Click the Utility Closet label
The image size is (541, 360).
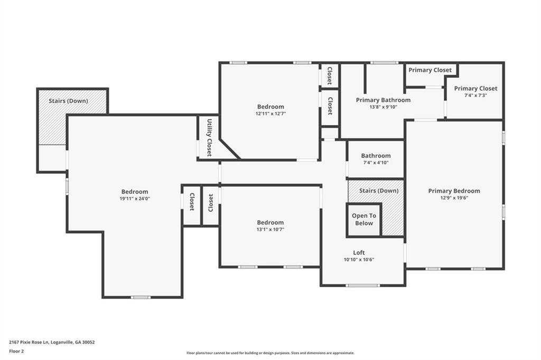209,137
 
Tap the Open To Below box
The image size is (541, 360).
363,220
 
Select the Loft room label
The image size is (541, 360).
359,252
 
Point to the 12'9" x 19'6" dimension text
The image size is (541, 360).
454,198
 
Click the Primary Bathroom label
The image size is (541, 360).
383,100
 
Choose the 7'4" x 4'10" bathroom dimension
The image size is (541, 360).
376,163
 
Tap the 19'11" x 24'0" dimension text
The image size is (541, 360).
135,198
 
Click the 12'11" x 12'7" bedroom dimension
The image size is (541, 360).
270,113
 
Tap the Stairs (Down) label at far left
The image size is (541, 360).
68,101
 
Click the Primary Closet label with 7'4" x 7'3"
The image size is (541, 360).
475,89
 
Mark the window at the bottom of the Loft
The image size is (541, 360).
362,286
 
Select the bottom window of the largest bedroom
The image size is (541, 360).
141,297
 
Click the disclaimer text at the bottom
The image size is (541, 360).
270,353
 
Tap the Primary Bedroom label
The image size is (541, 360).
454,191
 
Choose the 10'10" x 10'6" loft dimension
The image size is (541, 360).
359,259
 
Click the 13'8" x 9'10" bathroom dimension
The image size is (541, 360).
383,107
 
